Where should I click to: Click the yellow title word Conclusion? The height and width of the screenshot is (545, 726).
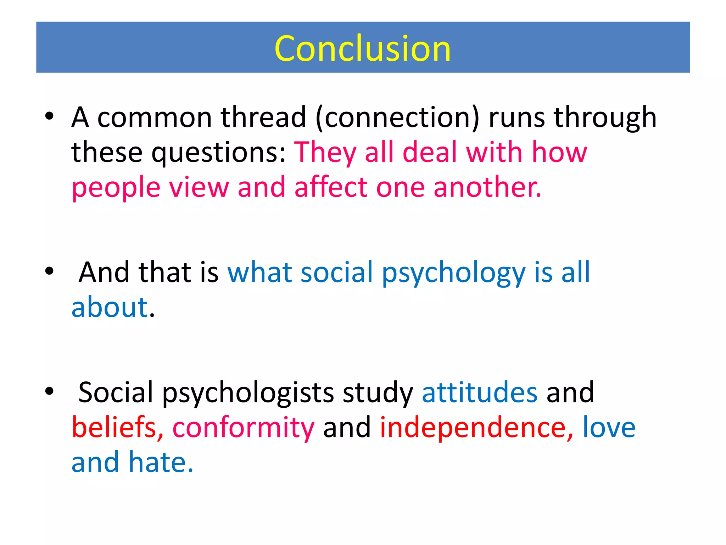point(362,49)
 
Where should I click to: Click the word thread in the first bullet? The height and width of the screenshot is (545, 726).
point(263,117)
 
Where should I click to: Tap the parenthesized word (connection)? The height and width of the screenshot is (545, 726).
point(397,117)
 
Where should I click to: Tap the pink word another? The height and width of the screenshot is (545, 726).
point(487,188)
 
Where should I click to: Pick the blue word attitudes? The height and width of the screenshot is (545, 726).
point(480,392)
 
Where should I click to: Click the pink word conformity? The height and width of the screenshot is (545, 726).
point(243,428)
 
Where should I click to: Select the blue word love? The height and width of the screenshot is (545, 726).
point(609,427)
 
